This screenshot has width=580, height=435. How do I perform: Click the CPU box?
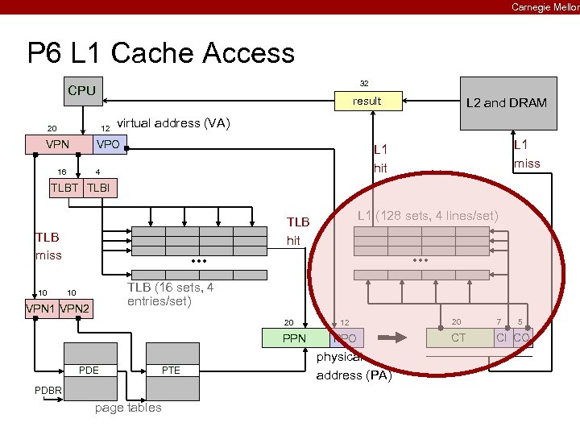(x=81, y=91)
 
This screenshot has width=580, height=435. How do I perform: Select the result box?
(x=367, y=101)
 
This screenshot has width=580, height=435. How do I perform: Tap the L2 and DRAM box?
(x=507, y=103)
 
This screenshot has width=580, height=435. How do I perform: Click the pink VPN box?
(x=57, y=145)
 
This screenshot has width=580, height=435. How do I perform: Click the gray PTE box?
(x=172, y=371)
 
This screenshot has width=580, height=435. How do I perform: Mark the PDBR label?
(x=46, y=391)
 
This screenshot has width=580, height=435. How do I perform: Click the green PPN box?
(x=295, y=338)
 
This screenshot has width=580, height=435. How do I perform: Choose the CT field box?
(x=458, y=338)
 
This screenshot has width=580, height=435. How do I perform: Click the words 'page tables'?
(x=128, y=408)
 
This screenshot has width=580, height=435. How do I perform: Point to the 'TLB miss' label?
(x=48, y=246)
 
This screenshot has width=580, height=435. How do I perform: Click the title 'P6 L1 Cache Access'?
(x=161, y=53)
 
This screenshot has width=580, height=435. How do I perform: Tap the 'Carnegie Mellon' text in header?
(x=545, y=7)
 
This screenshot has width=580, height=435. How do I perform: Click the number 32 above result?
(x=364, y=83)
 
